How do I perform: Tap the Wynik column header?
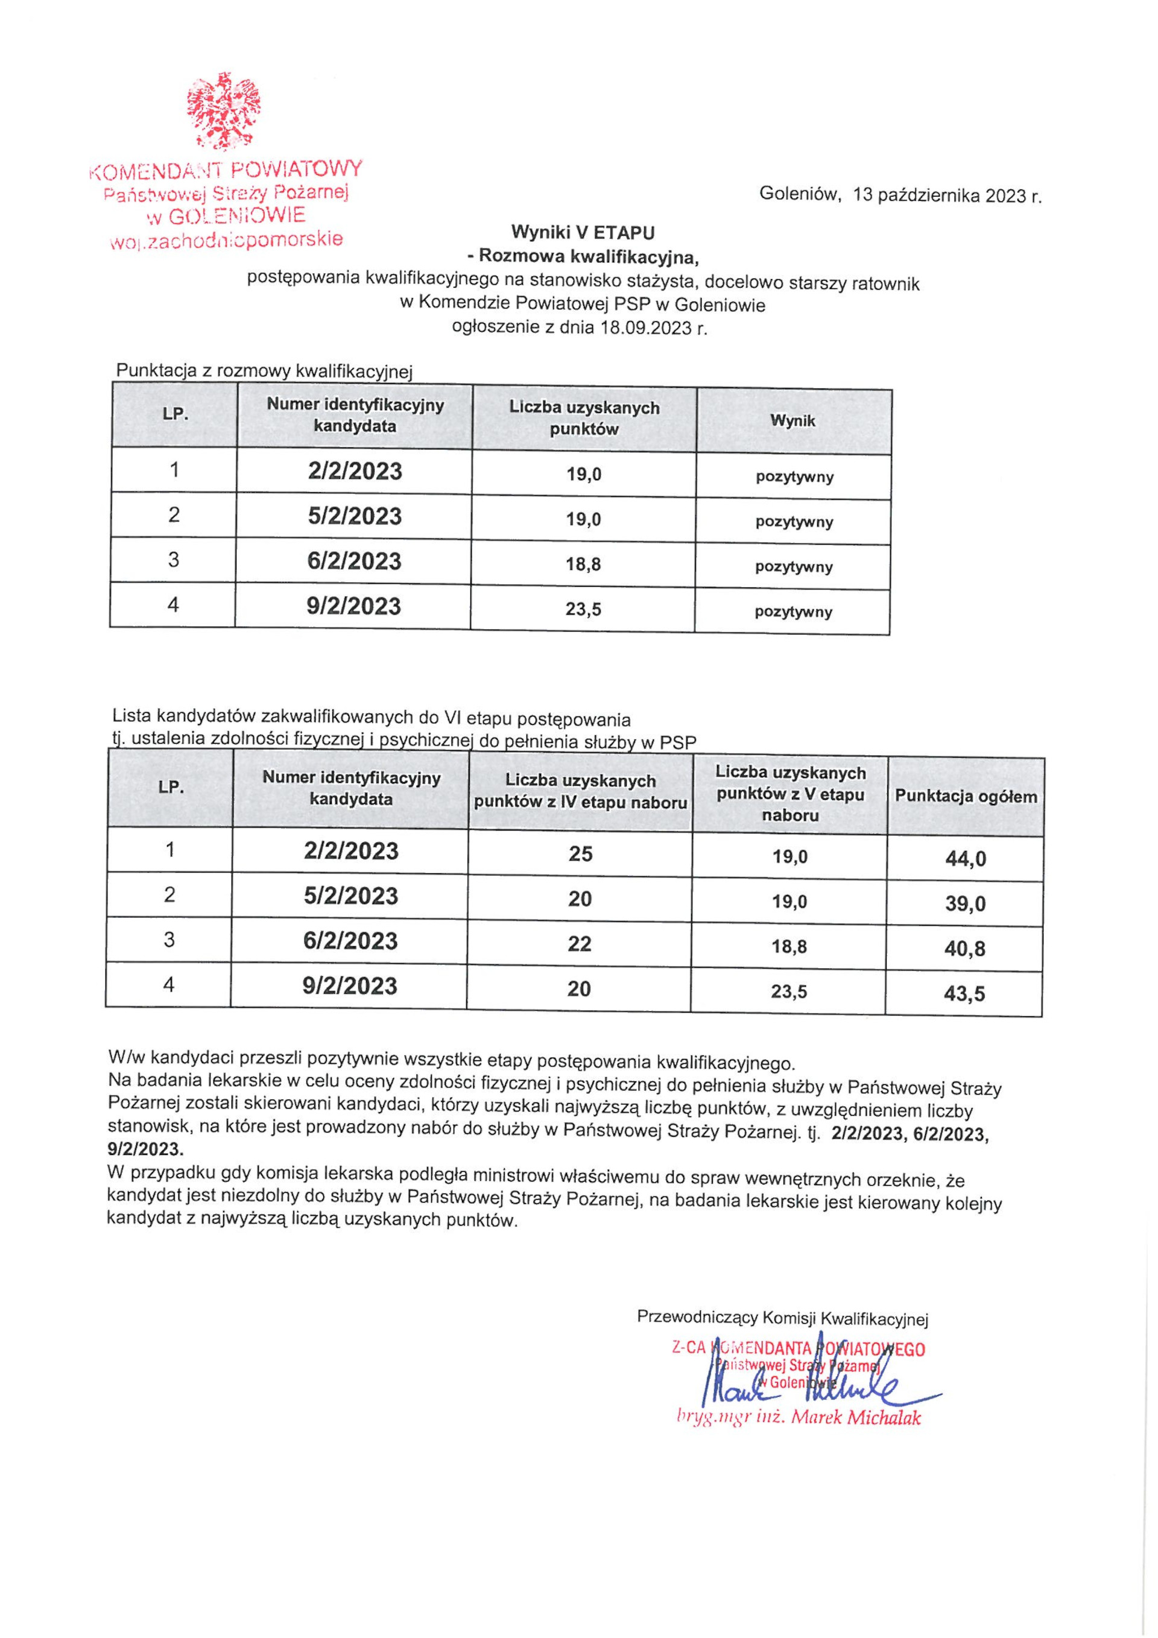click(x=793, y=421)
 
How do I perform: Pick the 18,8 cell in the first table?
click(x=583, y=564)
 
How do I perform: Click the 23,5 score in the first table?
click(x=583, y=609)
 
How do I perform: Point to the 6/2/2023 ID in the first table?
click(x=355, y=561)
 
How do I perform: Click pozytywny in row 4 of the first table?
click(x=793, y=612)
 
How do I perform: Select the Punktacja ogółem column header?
click(x=966, y=797)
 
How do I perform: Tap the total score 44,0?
click(x=966, y=858)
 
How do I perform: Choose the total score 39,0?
click(x=966, y=904)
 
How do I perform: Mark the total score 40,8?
click(x=964, y=949)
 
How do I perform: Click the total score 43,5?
click(x=964, y=994)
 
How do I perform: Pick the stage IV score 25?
click(x=580, y=854)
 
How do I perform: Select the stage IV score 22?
click(x=580, y=944)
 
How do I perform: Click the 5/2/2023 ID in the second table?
click(x=350, y=896)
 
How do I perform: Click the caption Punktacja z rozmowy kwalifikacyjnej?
click(x=265, y=371)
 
